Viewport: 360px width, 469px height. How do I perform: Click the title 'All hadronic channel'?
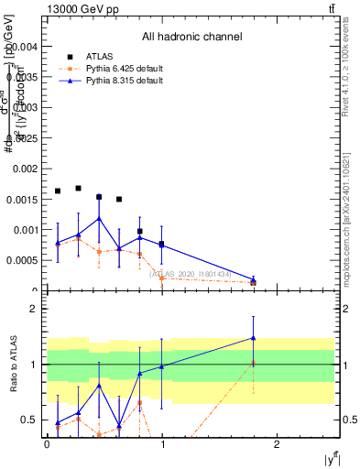[191, 38]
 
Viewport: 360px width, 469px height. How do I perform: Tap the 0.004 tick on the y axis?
[26, 46]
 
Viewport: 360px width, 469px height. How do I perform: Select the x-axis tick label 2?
[278, 445]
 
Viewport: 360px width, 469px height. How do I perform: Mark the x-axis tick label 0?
[47, 445]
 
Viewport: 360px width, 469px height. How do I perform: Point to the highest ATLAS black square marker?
[78, 188]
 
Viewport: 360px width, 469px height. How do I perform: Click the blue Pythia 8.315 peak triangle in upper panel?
[99, 218]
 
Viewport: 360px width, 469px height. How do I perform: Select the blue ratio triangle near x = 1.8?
[253, 338]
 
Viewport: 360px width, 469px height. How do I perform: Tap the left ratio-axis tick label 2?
[33, 309]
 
